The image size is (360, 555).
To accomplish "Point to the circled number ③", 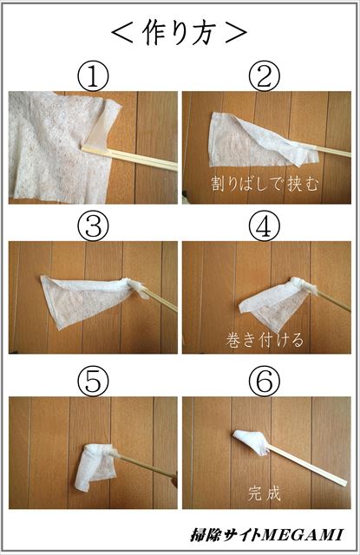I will click(93, 227).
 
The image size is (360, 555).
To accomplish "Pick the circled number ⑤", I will click(93, 380).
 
